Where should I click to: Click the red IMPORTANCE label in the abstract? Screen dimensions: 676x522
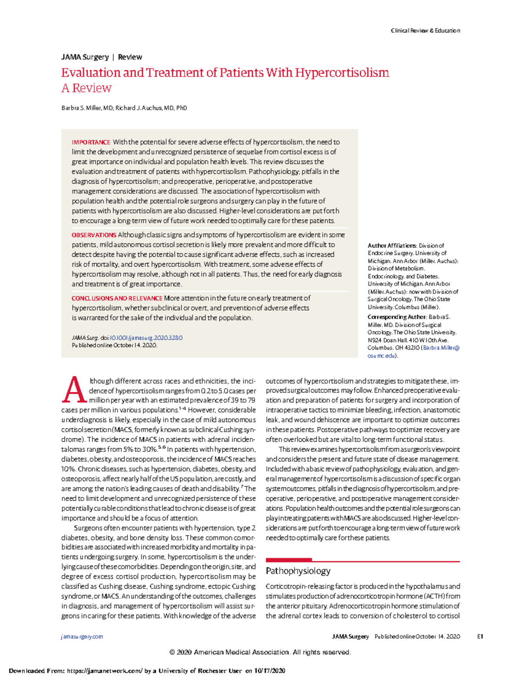[91, 142]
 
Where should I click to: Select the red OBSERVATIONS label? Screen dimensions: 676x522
[94, 235]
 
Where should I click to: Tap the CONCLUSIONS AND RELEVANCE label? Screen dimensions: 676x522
[117, 298]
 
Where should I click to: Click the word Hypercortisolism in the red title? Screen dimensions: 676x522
[342, 72]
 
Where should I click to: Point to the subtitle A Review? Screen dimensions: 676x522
[86, 88]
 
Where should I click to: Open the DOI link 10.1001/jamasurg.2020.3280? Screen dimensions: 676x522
[146, 338]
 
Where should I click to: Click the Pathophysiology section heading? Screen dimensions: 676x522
[298, 571]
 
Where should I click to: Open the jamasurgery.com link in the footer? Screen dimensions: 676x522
[82, 636]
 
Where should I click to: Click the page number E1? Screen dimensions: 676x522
[480, 636]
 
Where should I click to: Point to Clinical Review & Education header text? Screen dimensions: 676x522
[425, 30]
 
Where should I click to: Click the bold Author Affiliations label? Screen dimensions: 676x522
[392, 246]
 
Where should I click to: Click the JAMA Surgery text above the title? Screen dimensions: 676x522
[85, 57]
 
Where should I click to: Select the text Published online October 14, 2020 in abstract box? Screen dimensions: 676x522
[114, 345]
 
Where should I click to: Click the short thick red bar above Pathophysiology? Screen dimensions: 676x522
[288, 560]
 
